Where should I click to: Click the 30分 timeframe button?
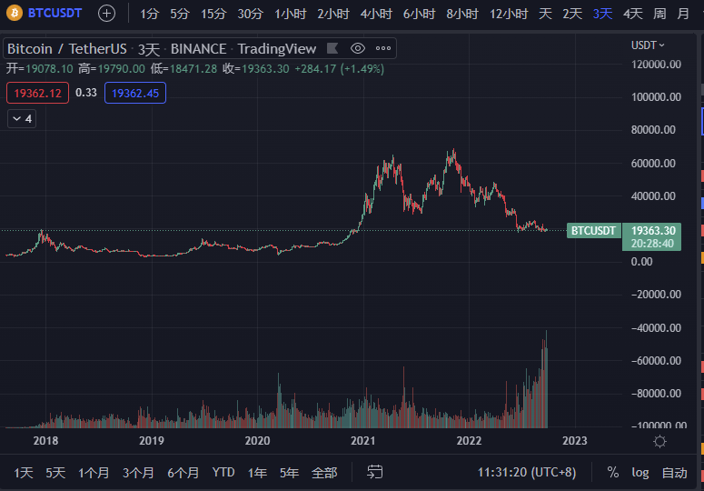(x=250, y=14)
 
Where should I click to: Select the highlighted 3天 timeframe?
(x=602, y=14)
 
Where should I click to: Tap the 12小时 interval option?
(x=509, y=14)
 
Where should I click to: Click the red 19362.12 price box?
(x=37, y=93)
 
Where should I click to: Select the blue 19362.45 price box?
(x=134, y=93)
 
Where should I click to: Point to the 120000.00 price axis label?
(x=654, y=65)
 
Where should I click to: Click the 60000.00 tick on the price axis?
(x=654, y=164)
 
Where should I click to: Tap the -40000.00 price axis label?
(x=654, y=328)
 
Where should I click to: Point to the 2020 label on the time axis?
(x=257, y=441)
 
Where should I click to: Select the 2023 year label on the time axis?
(x=574, y=441)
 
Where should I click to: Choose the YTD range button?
(x=223, y=473)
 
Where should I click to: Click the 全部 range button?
(x=324, y=473)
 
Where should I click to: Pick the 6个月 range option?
(x=183, y=473)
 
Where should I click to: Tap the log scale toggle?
(x=640, y=473)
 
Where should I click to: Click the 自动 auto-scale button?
(x=674, y=473)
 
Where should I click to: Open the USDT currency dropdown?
(x=648, y=45)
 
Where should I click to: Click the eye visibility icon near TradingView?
(x=358, y=48)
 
